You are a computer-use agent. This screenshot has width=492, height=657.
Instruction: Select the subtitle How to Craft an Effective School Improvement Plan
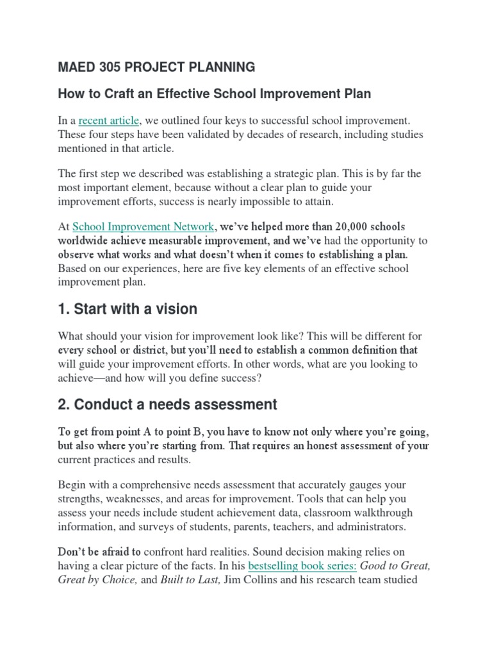215,94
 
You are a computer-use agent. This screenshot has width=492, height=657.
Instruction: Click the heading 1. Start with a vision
127,309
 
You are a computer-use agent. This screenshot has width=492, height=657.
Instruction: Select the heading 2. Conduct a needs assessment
168,404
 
